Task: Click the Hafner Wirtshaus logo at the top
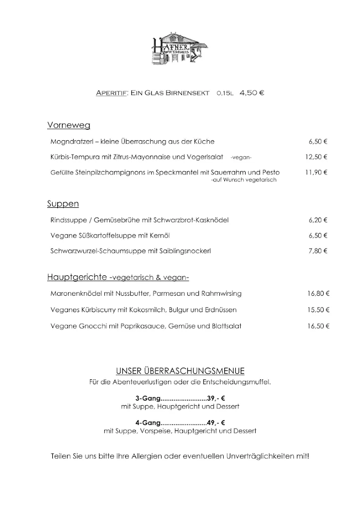180,48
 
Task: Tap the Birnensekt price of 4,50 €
252,93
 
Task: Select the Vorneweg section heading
69,125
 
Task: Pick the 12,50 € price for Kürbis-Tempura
316,157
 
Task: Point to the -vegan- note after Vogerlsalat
241,158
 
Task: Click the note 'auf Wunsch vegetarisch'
244,180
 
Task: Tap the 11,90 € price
316,172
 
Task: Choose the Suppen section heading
63,204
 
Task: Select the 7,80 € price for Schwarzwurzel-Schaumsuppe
318,251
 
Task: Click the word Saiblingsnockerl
186,251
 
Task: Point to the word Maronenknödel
76,293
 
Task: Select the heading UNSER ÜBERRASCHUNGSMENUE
180,371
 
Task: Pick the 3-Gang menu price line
180,399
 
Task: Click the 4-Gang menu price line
180,423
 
